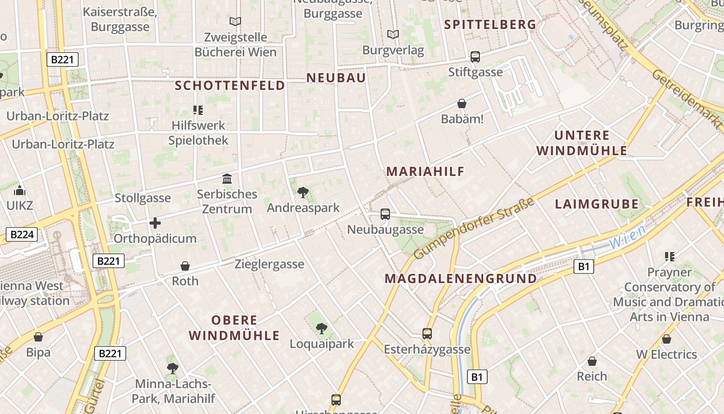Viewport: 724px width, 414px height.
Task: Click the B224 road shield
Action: pyautogui.click(x=22, y=235)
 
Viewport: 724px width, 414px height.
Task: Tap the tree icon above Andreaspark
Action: pyautogui.click(x=303, y=193)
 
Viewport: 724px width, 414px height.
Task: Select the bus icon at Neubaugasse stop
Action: pyautogui.click(x=385, y=214)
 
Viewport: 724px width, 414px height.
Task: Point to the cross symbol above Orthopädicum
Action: pyautogui.click(x=155, y=223)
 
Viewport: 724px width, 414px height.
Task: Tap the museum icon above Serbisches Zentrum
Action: pyautogui.click(x=227, y=179)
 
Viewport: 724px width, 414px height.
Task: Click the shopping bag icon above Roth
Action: pyautogui.click(x=185, y=266)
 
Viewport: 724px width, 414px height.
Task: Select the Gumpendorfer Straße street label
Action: pyautogui.click(x=474, y=228)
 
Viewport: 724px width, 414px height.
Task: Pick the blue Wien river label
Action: pyautogui.click(x=627, y=236)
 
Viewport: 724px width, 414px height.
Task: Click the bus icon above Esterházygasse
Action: pyautogui.click(x=427, y=334)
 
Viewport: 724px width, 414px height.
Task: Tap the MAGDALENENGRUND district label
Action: pyautogui.click(x=461, y=278)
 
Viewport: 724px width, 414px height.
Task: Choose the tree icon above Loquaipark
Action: pyautogui.click(x=321, y=328)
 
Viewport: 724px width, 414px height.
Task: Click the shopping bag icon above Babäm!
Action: pyautogui.click(x=461, y=104)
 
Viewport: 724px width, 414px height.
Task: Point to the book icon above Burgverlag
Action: pyautogui.click(x=393, y=35)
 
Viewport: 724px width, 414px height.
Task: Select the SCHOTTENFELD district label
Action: pyautogui.click(x=230, y=85)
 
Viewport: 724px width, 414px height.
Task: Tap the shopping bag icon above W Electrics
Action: pyautogui.click(x=667, y=339)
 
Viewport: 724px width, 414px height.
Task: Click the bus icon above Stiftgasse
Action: pyautogui.click(x=475, y=57)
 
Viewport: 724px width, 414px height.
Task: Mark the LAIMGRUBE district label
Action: pyautogui.click(x=597, y=204)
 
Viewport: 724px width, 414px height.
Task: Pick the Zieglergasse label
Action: pyautogui.click(x=269, y=264)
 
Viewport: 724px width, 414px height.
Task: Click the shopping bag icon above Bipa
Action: pyautogui.click(x=38, y=337)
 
